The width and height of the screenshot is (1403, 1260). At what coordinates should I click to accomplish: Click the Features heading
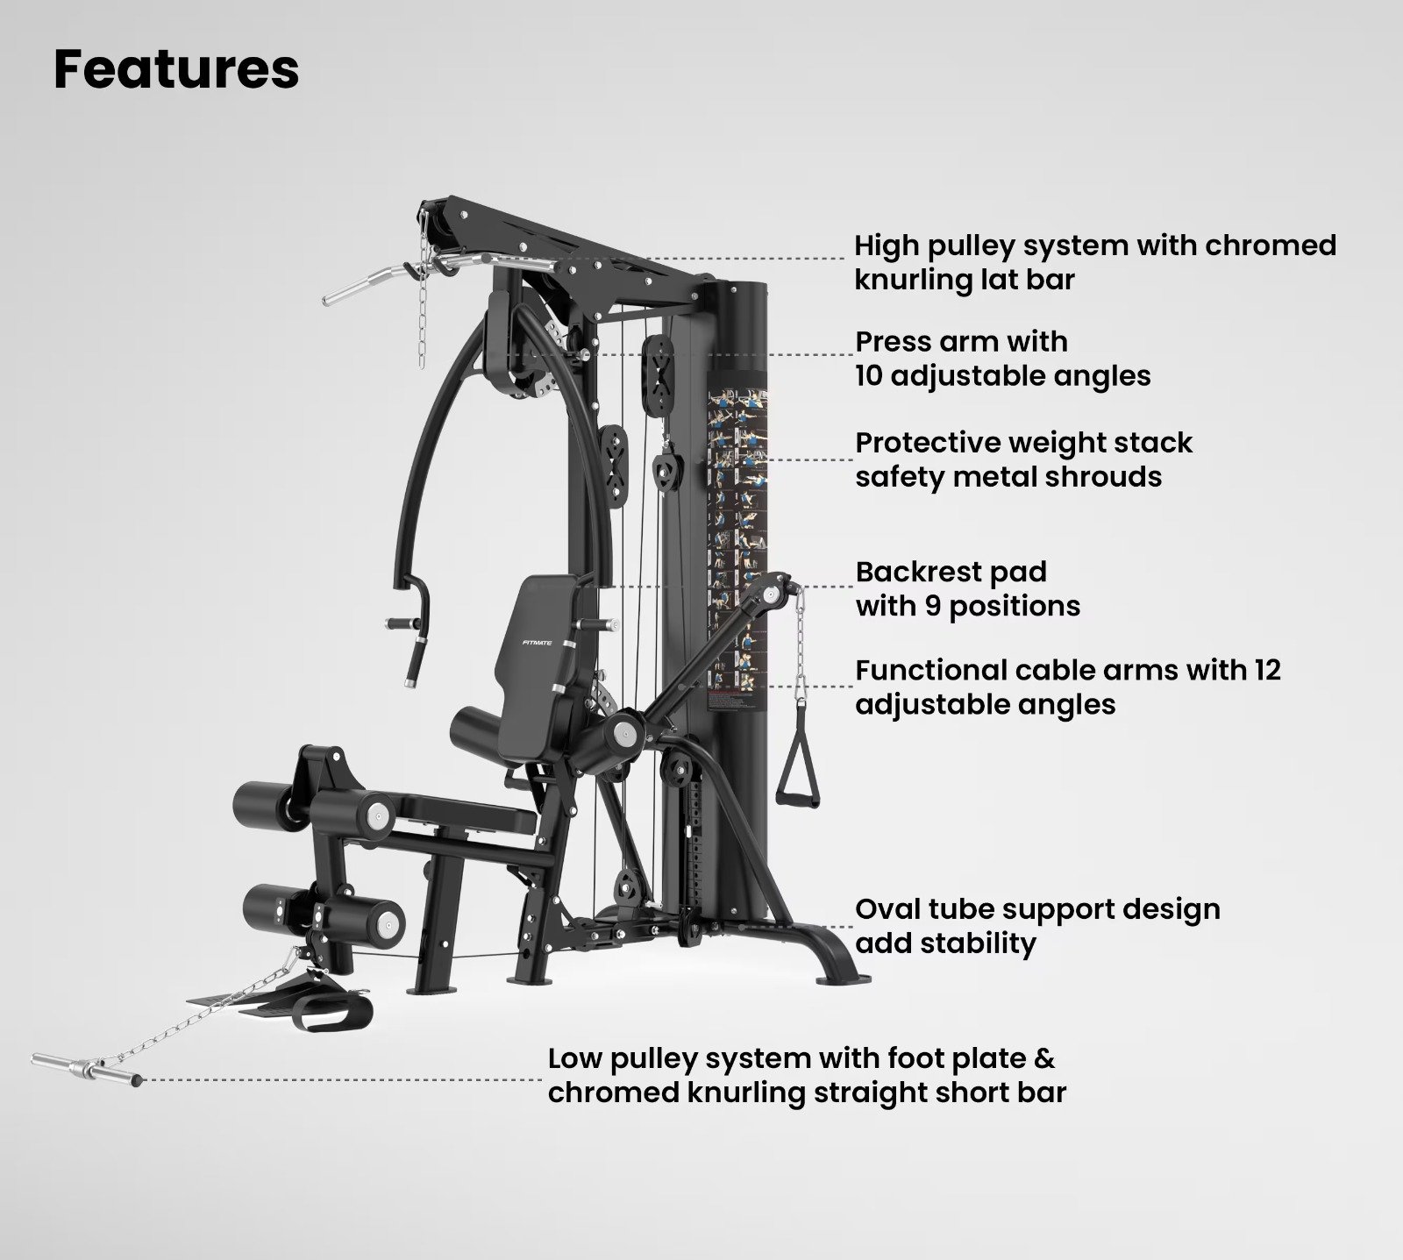tap(176, 70)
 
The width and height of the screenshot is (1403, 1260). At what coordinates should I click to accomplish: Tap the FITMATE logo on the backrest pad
tap(536, 642)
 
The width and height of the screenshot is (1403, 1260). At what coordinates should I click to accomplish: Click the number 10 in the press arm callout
tap(872, 376)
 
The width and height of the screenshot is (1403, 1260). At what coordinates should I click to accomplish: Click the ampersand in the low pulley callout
tap(1044, 1058)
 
